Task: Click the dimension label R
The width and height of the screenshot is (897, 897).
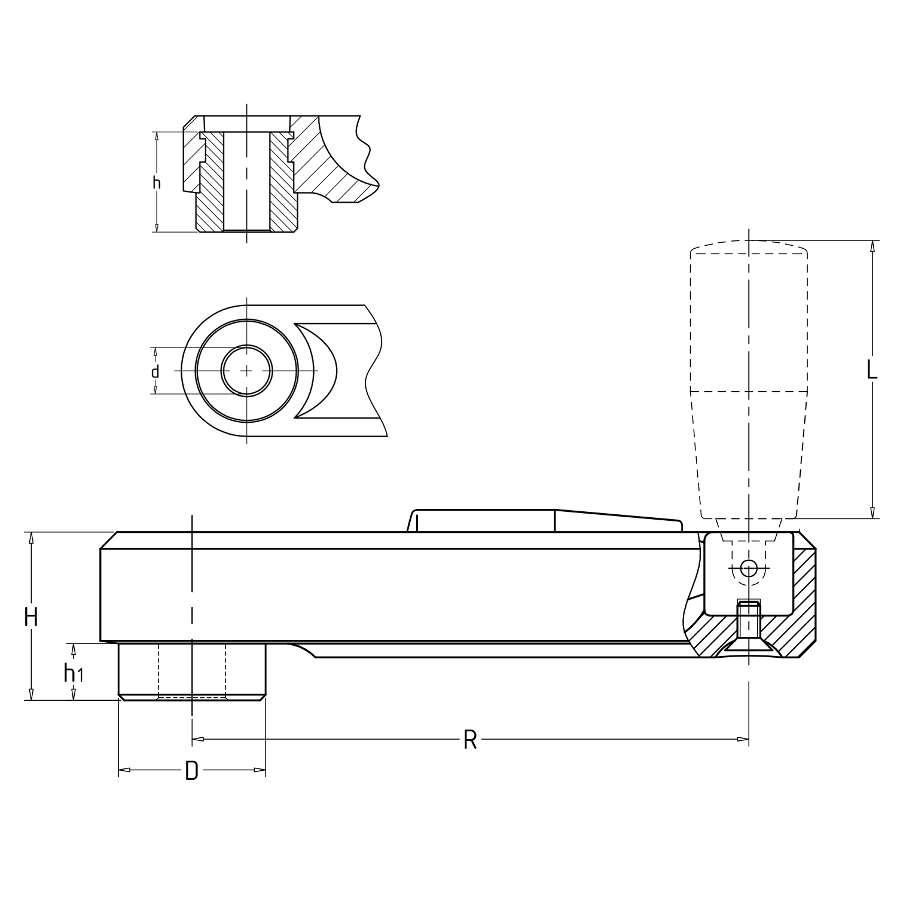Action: point(470,740)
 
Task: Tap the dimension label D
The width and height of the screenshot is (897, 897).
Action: point(191,771)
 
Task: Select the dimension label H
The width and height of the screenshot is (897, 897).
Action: point(31,617)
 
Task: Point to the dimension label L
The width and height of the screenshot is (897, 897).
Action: point(872,370)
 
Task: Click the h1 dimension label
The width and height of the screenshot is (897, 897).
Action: point(74,673)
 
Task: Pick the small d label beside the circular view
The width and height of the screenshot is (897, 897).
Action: point(155,372)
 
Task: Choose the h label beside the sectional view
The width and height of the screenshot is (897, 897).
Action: point(157,182)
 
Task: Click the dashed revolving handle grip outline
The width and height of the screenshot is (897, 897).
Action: point(749,379)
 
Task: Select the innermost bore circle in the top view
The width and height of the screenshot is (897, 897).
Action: point(247,371)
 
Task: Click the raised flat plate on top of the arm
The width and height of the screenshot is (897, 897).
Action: point(544,520)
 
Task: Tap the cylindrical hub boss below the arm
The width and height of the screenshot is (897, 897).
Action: point(192,672)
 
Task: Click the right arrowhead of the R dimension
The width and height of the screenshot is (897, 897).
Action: point(743,740)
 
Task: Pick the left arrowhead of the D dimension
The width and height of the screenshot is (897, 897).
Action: point(124,770)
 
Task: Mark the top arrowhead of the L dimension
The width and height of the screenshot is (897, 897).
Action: point(872,246)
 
